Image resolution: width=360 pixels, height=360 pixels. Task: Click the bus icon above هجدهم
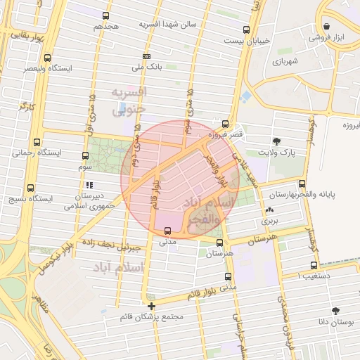click(x=105, y=15)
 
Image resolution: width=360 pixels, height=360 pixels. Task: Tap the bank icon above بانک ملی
click(x=146, y=56)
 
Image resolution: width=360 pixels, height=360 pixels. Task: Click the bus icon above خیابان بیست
click(x=246, y=30)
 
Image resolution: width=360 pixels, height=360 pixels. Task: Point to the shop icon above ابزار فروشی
click(x=327, y=26)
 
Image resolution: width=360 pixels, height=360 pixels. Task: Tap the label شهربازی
click(x=281, y=61)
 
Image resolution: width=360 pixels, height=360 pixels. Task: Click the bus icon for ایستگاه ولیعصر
click(x=47, y=58)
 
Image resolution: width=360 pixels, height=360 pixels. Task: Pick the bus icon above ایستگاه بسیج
click(x=30, y=188)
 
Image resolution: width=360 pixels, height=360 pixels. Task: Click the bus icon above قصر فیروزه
click(x=225, y=123)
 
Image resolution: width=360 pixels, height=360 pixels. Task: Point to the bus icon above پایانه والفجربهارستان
click(x=302, y=183)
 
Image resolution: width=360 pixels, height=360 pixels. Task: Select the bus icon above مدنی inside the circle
click(x=167, y=231)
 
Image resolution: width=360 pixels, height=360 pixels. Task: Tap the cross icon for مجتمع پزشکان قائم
click(x=151, y=306)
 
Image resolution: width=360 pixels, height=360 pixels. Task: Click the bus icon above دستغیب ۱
click(x=314, y=265)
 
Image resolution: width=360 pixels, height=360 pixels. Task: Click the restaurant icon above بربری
click(x=270, y=210)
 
